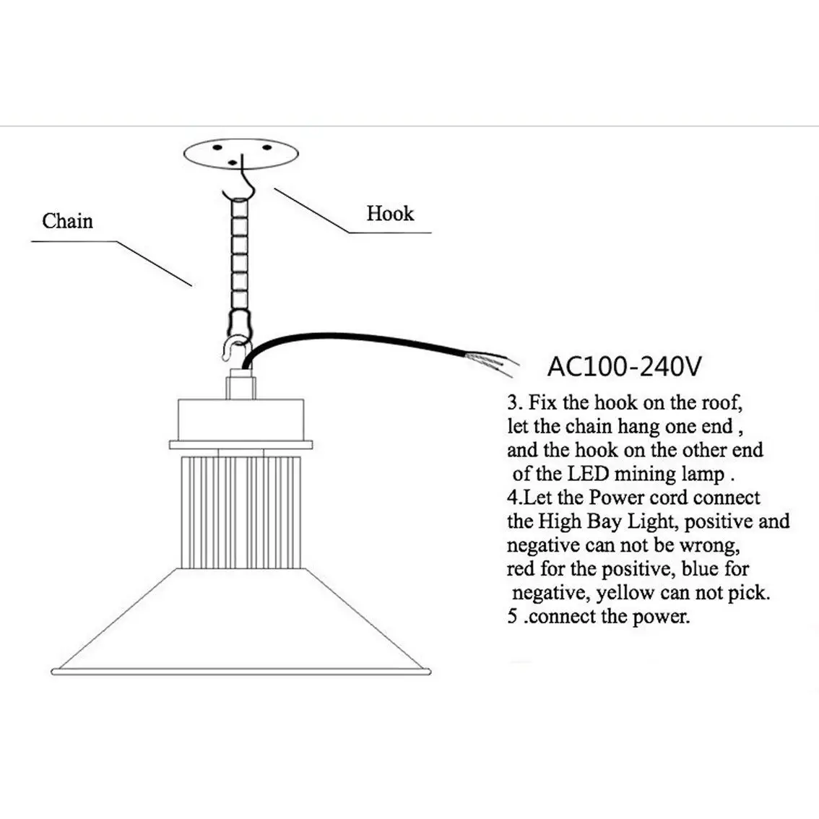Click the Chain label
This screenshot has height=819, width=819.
67,220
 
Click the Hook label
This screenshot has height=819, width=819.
390,214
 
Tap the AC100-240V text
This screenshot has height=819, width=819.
623,366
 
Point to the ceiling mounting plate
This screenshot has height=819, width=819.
241,153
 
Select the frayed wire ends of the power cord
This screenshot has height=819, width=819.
502,358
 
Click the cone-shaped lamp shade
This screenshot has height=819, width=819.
241,621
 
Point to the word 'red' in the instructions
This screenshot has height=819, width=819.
520,569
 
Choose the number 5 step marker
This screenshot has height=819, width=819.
512,617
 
